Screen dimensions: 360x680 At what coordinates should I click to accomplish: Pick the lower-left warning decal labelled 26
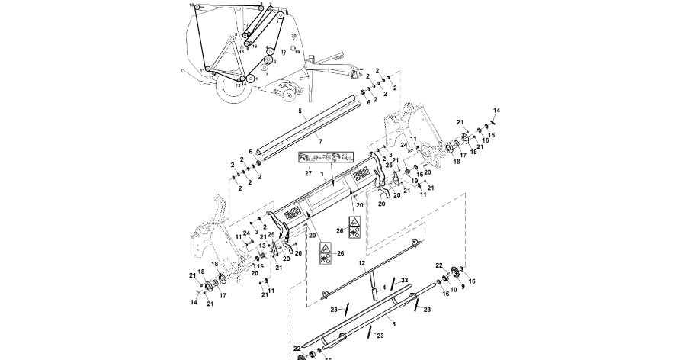[x=325, y=252]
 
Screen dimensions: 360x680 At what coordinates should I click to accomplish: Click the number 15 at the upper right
[x=492, y=135]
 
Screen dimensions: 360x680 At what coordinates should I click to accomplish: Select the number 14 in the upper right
[x=496, y=111]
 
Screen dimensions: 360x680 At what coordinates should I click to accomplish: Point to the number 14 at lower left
[x=194, y=303]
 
